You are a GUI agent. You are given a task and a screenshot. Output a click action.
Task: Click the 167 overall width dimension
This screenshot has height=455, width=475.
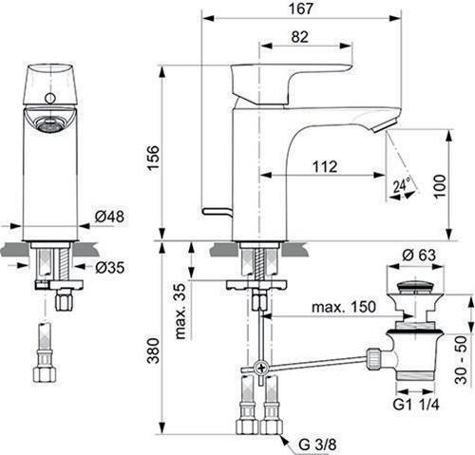click(300, 9)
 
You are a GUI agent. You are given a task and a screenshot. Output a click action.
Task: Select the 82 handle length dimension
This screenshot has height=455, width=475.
click(299, 37)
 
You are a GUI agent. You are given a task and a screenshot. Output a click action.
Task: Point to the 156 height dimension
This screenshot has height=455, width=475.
click(153, 158)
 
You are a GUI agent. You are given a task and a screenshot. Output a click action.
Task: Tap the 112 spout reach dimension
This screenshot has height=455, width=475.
click(325, 166)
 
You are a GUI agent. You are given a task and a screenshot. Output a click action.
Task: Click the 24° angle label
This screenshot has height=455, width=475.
click(402, 184)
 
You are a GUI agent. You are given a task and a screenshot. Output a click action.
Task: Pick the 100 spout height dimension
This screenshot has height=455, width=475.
click(440, 186)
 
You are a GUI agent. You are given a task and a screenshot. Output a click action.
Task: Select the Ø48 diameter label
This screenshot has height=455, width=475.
click(109, 217)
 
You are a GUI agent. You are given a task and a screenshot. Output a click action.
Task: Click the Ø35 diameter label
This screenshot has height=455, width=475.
click(109, 268)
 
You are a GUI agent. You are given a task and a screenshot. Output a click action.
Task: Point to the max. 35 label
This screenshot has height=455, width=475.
click(180, 312)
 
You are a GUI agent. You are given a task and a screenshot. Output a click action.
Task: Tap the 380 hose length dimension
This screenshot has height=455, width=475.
click(154, 351)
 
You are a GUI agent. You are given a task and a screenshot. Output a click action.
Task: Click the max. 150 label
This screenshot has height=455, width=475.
click(344, 307)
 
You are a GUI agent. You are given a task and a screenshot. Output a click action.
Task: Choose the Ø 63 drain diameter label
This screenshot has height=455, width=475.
click(419, 256)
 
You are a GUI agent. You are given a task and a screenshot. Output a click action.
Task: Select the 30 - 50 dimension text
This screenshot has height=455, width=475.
click(461, 360)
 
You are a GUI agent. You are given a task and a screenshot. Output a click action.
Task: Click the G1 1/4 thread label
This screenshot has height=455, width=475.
click(416, 405)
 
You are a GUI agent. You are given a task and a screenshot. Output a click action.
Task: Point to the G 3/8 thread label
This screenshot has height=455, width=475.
click(317, 445)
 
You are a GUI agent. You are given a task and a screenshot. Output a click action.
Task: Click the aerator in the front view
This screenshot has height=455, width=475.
click(47, 124)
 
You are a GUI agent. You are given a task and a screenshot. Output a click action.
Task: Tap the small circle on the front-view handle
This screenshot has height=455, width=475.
click(49, 98)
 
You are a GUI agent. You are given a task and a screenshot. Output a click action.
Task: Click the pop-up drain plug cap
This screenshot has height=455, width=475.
click(414, 287)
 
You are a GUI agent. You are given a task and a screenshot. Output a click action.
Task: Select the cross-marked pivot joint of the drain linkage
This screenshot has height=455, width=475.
click(262, 369)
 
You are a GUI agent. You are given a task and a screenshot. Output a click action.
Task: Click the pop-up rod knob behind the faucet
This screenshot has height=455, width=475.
click(217, 211)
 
